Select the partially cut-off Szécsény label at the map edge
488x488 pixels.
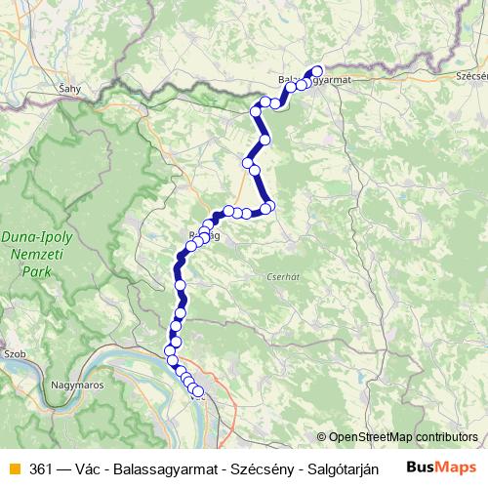pyautogui.click(x=471, y=74)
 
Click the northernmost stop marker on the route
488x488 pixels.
pyautogui.click(x=316, y=70)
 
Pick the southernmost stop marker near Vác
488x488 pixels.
pyautogui.click(x=198, y=391)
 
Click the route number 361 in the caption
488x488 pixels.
pyautogui.click(x=41, y=468)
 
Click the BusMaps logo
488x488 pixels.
pyautogui.click(x=441, y=468)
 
